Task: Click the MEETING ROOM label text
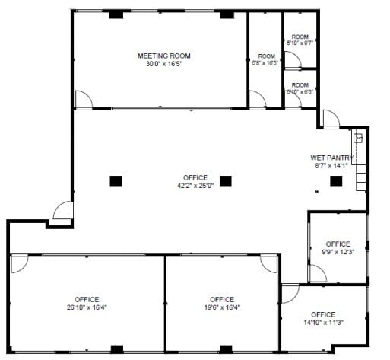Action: coord(163,56)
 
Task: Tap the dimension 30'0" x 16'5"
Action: coord(163,64)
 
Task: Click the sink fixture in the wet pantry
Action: coord(357,139)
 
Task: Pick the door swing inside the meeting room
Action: coord(83,99)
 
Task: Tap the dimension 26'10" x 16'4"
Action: coord(87,307)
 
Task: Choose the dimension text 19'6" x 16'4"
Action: coord(221,307)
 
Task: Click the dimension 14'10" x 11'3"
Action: coord(323,322)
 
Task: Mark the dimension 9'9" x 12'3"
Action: coord(338,252)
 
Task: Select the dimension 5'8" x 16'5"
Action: coord(266,65)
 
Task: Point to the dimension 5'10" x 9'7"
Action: coord(300,43)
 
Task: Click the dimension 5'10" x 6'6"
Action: coord(300,92)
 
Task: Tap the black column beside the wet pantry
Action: coord(335,180)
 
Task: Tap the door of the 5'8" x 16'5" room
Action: coord(258,99)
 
